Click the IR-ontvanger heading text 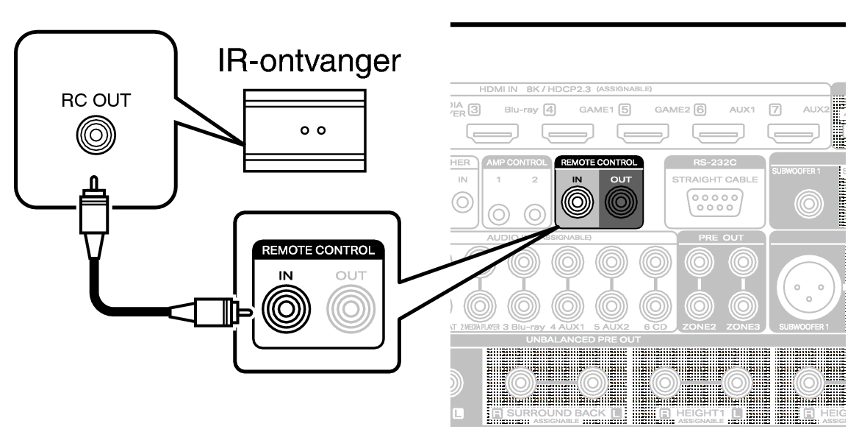click(309, 62)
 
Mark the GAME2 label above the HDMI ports click(674, 110)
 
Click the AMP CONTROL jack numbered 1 click(500, 214)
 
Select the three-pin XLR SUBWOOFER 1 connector click(808, 283)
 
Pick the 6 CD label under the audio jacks click(655, 325)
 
